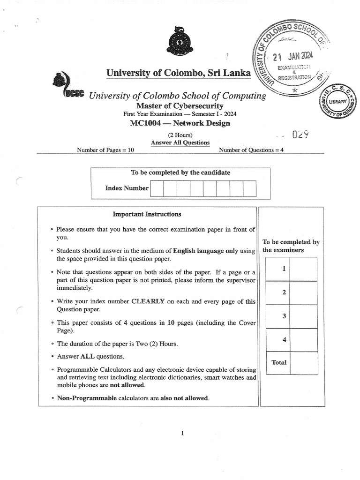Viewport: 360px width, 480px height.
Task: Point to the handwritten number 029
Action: [300, 135]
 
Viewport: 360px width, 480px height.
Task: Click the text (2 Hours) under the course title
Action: [180, 135]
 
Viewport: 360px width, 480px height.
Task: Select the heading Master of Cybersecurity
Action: [180, 106]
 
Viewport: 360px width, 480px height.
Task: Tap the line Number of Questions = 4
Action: [251, 150]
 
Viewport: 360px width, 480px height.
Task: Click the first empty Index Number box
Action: [157, 188]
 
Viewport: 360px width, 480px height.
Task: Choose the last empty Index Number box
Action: [250, 188]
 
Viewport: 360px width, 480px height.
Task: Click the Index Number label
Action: [127, 188]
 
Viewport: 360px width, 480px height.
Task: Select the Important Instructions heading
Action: [147, 214]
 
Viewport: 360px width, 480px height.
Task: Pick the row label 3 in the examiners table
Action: [284, 316]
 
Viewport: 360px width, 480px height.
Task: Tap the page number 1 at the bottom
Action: [182, 434]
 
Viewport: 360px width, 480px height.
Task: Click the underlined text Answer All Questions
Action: [180, 142]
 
